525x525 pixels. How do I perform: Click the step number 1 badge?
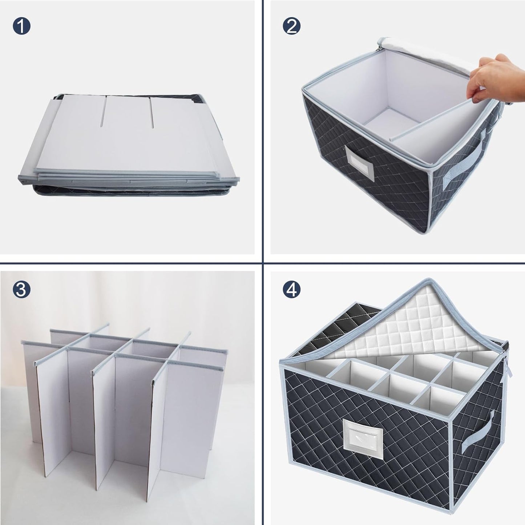point(21,27)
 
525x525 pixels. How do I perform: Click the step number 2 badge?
point(291,27)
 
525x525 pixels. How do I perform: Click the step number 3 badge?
point(21,289)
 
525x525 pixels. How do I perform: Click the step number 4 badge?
point(291,289)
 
